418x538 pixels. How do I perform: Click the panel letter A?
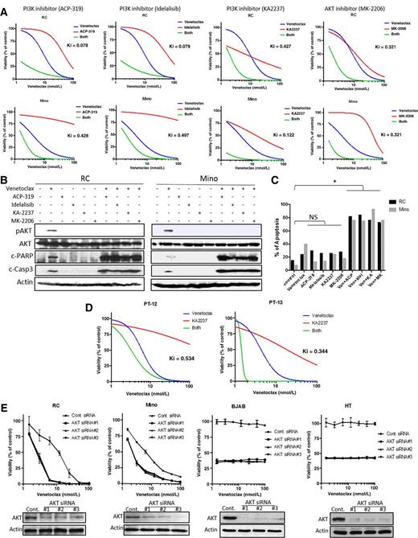click(x=6, y=6)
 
